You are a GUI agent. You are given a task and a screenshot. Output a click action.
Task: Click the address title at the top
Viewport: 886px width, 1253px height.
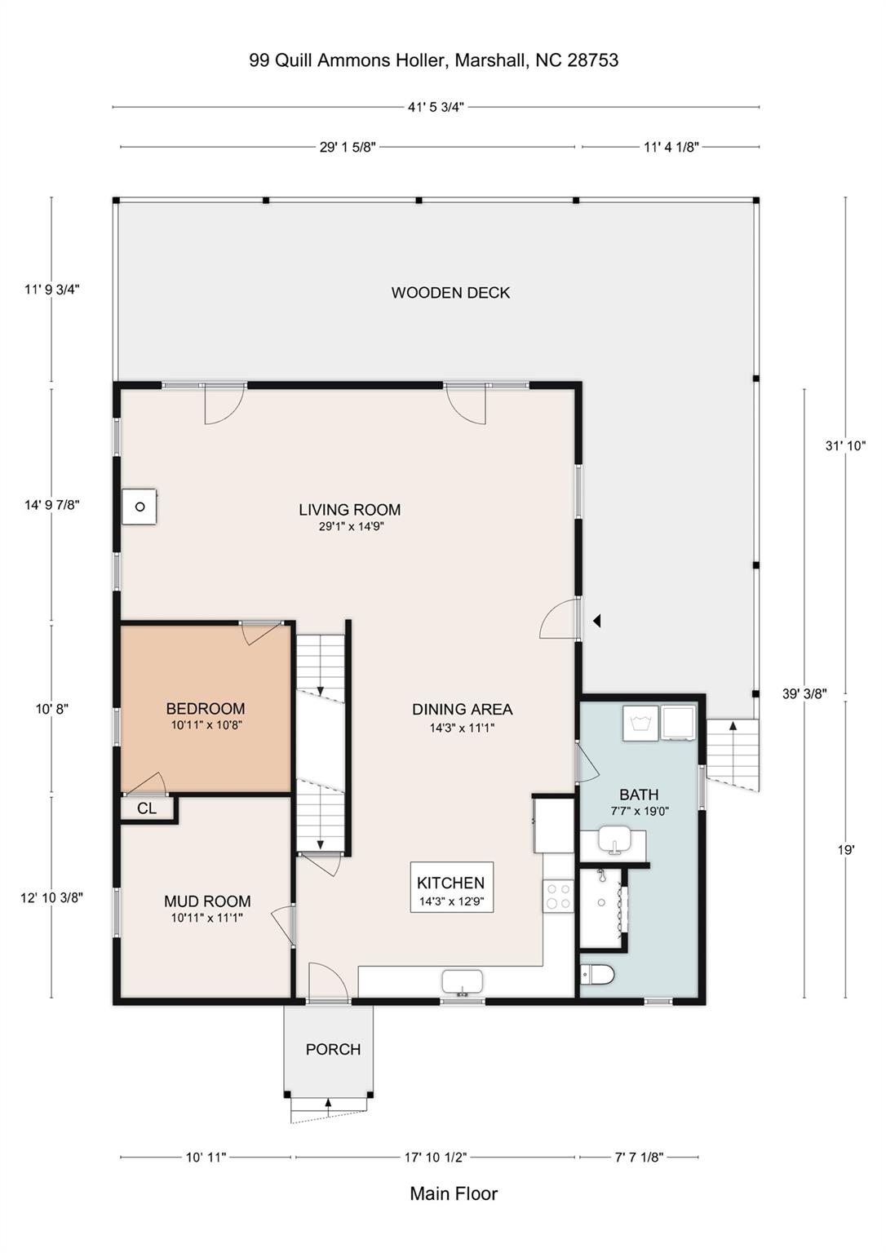pos(433,60)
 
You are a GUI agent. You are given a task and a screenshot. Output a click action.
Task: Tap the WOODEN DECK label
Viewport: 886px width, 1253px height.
pos(450,293)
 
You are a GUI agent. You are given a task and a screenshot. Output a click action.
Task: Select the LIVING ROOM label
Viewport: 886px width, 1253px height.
pos(349,511)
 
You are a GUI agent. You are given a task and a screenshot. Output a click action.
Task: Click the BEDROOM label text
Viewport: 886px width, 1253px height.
pos(206,709)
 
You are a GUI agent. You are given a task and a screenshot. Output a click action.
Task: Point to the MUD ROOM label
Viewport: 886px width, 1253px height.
pos(207,901)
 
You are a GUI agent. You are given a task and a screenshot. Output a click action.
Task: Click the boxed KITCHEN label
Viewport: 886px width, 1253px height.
pos(451,887)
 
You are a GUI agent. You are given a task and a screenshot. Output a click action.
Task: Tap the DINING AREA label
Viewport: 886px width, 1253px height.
pos(462,710)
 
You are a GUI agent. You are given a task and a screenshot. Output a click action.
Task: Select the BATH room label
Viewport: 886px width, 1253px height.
pos(639,795)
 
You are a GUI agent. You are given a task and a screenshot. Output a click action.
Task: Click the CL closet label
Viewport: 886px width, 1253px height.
pos(147,809)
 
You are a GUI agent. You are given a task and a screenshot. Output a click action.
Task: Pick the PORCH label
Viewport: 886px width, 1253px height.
pos(333,1050)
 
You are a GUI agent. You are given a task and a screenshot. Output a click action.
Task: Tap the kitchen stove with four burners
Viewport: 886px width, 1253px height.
pos(559,897)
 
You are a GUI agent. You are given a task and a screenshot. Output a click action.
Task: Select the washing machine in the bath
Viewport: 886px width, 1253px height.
pos(640,723)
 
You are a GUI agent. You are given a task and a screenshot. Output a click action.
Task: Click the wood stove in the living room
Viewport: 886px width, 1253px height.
pos(140,507)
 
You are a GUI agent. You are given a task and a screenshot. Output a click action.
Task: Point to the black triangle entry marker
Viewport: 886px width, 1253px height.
pos(597,621)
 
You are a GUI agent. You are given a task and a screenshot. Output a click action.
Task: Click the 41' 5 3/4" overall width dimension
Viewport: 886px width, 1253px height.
pos(436,107)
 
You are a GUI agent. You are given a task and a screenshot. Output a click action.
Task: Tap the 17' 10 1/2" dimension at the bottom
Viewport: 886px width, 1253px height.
pos(436,1157)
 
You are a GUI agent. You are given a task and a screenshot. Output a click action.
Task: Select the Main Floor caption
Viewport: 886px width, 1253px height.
pos(454,1194)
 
